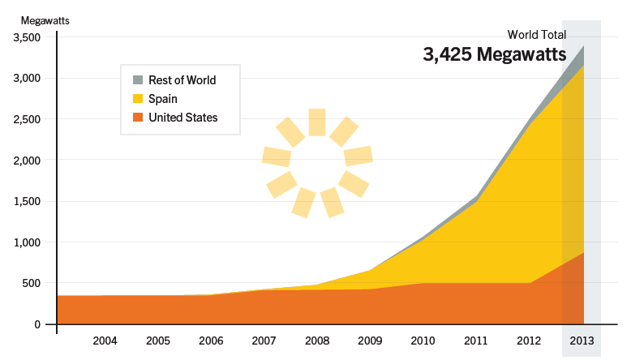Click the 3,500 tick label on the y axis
tap(27, 37)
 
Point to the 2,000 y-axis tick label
tap(27, 160)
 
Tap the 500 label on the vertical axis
tap(32, 283)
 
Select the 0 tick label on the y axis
tap(37, 324)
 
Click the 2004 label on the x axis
tap(105, 341)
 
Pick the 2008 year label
tap(317, 341)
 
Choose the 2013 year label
tap(582, 341)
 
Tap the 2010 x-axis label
tap(423, 341)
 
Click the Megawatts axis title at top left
tap(45, 20)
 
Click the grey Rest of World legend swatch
tap(138, 79)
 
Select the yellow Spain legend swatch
tap(138, 99)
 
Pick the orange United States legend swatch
tap(138, 118)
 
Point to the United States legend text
tap(183, 118)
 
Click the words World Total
tap(537, 35)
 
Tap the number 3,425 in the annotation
tap(447, 54)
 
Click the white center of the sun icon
tap(317, 162)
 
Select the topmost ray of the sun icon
tap(317, 122)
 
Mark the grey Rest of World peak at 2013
tap(584, 46)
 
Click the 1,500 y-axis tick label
tap(27, 201)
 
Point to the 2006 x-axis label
tap(211, 341)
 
